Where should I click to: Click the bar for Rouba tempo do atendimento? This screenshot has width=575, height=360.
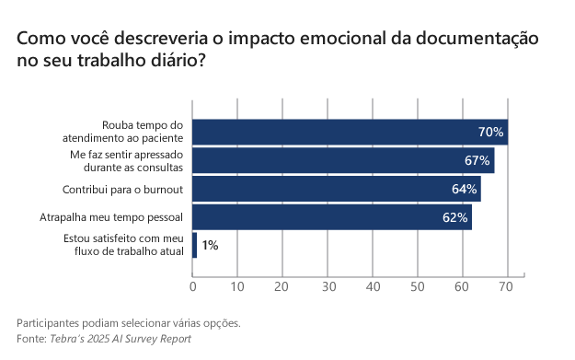pyautogui.click(x=350, y=132)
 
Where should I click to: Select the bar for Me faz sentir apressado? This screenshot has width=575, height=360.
pyautogui.click(x=342, y=160)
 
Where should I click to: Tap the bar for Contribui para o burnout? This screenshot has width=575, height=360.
pyautogui.click(x=336, y=189)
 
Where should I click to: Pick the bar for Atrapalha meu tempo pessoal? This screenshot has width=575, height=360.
pyautogui.click(x=331, y=217)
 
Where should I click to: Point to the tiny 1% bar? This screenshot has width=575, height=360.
pyautogui.click(x=194, y=246)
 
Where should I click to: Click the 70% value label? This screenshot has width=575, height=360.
pyautogui.click(x=490, y=132)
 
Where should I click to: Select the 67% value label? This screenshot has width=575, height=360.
pyautogui.click(x=477, y=160)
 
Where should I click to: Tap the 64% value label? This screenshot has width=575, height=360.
pyautogui.click(x=464, y=189)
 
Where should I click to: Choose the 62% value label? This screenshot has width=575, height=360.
pyautogui.click(x=454, y=217)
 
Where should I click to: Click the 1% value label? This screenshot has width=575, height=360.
pyautogui.click(x=210, y=246)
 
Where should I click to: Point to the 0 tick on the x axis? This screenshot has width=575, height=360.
pyautogui.click(x=192, y=286)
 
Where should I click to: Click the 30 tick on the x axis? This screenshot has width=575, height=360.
pyautogui.click(x=328, y=286)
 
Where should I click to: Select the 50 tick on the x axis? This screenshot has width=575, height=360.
pyautogui.click(x=418, y=286)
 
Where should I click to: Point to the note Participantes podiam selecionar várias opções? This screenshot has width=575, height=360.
pyautogui.click(x=129, y=323)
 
